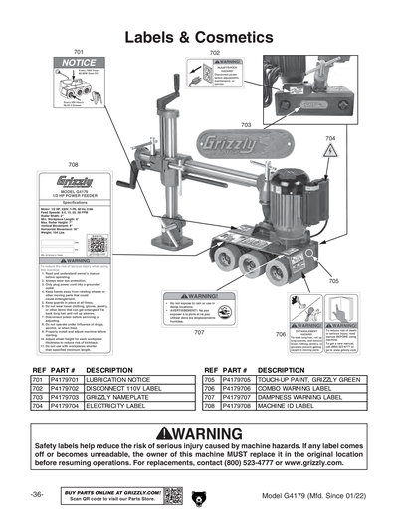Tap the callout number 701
click(x=79, y=50)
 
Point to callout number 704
click(x=330, y=138)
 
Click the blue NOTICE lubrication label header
click(x=80, y=63)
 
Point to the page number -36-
click(x=36, y=494)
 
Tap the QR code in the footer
click(x=172, y=494)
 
